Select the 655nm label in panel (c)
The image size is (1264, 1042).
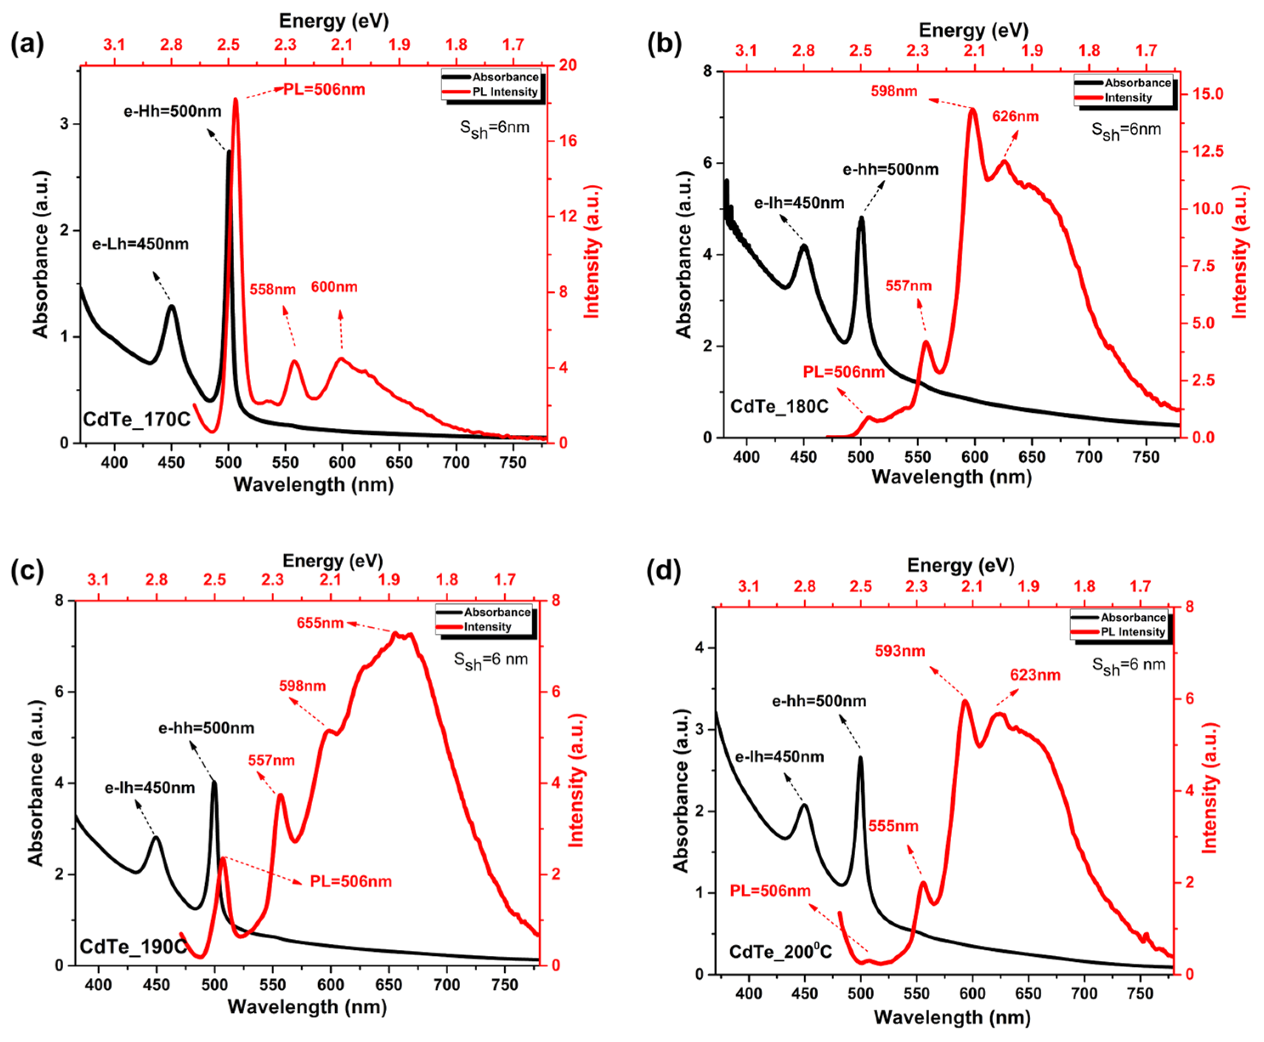click(320, 623)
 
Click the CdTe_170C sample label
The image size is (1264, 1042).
click(136, 419)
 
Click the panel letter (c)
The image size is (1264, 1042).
click(27, 570)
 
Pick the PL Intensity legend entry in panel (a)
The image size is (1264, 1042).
click(504, 92)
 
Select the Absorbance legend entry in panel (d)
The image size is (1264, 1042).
click(1133, 617)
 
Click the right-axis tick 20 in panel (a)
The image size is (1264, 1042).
click(567, 65)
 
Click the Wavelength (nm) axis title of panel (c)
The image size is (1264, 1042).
click(307, 1007)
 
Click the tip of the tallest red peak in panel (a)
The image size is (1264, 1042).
click(235, 100)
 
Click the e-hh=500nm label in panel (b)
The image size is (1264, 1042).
click(890, 169)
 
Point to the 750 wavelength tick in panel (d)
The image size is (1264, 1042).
click(1139, 994)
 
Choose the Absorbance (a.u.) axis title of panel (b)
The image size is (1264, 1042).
click(684, 255)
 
